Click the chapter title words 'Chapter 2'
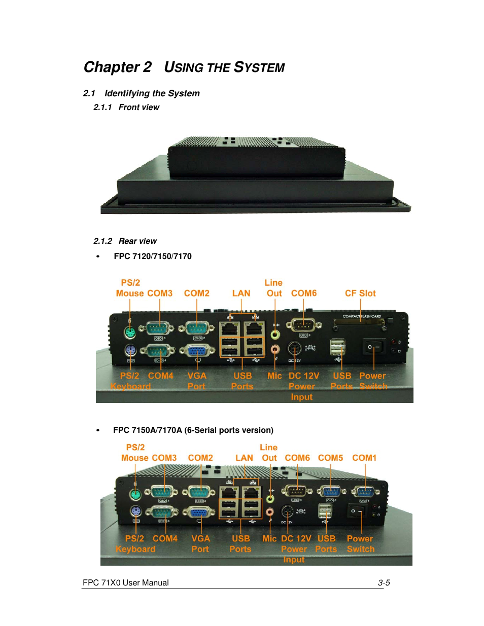coord(117,67)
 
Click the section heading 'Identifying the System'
coord(152,93)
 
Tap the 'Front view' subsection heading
coord(139,107)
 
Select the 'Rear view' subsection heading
coord(137,241)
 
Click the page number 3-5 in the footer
coord(384,583)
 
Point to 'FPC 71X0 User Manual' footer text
coord(126,583)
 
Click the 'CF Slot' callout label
coord(360,293)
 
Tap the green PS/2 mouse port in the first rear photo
coord(130,333)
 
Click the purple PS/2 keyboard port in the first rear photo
coord(130,350)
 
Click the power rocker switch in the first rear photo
coord(373,347)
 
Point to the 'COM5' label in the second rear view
coord(330,458)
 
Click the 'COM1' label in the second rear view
coord(364,458)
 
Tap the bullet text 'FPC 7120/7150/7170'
coord(153,256)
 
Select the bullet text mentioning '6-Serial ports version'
coord(193,430)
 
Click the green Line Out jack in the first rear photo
coord(275,335)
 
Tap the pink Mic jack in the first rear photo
coord(275,349)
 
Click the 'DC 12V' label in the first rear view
coord(304,376)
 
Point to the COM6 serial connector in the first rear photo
coord(303,325)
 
